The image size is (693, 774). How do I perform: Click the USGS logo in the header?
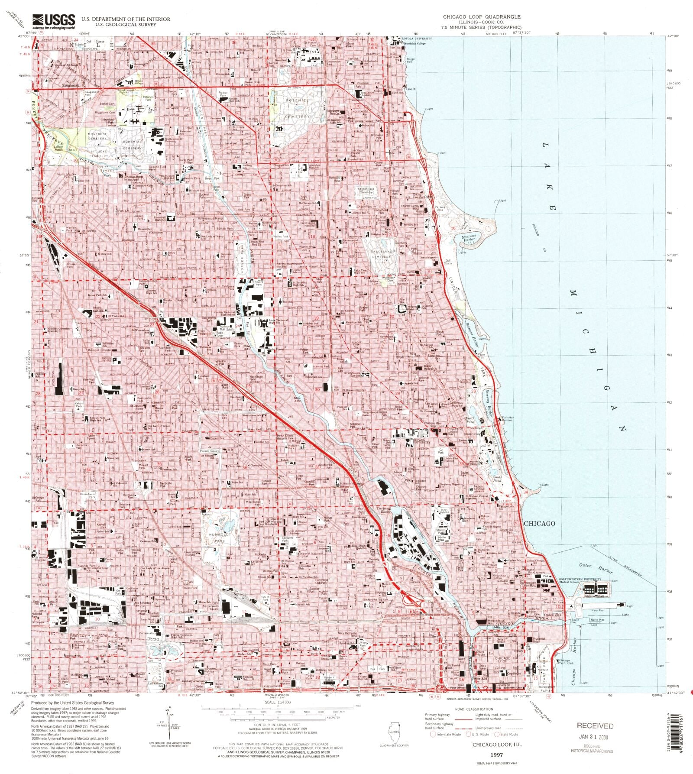[x=50, y=20]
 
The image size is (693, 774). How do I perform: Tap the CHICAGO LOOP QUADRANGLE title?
[x=481, y=16]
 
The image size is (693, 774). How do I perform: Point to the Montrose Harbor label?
[x=468, y=238]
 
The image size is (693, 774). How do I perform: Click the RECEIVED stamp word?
[x=595, y=726]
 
